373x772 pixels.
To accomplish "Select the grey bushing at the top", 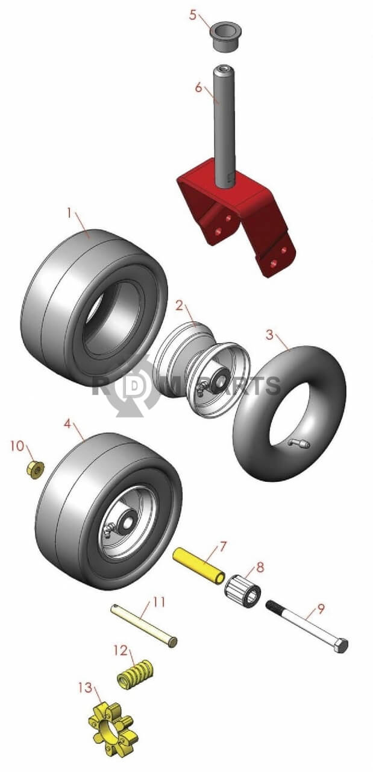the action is pyautogui.click(x=225, y=37).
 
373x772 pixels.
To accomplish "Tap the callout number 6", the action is pyautogui.click(x=199, y=87).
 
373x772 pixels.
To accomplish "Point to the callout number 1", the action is pyautogui.click(x=69, y=214).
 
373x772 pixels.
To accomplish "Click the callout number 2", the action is pyautogui.click(x=180, y=305).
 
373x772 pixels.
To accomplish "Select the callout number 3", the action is pyautogui.click(x=270, y=334).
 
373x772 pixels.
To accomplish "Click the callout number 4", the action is pyautogui.click(x=68, y=423).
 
